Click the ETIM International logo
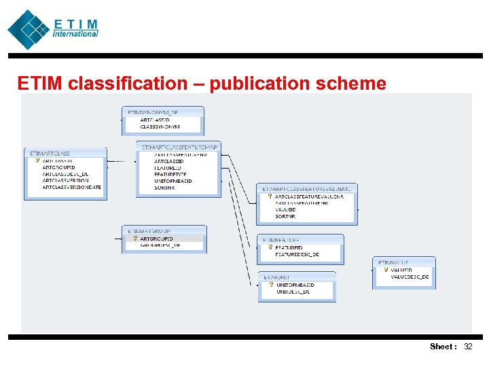[x=53, y=29]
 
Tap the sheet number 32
[x=467, y=347]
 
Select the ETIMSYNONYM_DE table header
[x=153, y=112]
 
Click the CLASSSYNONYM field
[x=160, y=126]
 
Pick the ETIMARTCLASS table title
[x=50, y=154]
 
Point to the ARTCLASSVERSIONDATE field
[x=71, y=187]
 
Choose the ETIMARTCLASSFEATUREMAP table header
[x=179, y=146]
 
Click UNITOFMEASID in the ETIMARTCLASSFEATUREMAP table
[x=173, y=181]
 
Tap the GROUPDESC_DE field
[x=160, y=245]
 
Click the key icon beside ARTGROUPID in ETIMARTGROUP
[x=135, y=239]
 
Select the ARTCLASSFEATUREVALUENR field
[x=309, y=196]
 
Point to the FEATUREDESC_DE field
[x=297, y=254]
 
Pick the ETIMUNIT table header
[x=276, y=277]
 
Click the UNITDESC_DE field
[x=293, y=292]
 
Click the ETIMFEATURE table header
[x=283, y=240]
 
